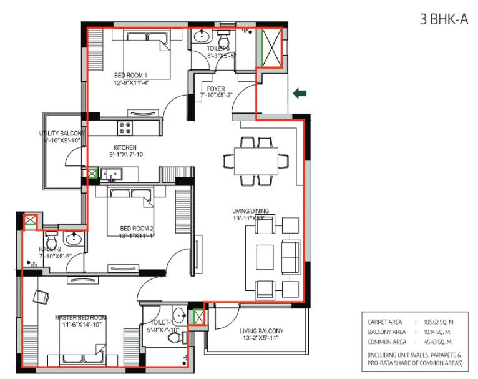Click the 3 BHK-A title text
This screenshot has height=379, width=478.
click(444, 20)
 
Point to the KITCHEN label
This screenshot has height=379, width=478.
click(125, 147)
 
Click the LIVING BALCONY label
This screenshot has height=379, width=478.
click(262, 331)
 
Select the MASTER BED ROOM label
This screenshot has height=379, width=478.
click(80, 317)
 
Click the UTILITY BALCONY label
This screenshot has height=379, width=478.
click(62, 134)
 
